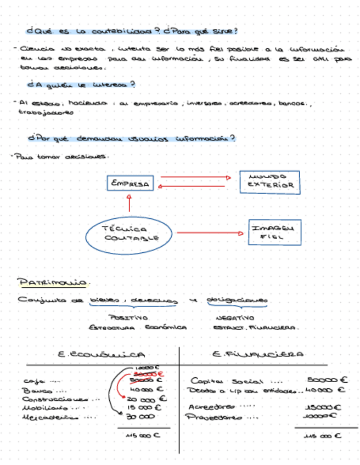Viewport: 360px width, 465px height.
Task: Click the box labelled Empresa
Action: (x=130, y=183)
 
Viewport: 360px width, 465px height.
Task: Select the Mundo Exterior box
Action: (x=269, y=182)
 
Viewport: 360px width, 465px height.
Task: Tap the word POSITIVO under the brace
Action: (x=128, y=317)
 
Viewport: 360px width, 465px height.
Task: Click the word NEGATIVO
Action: (x=234, y=317)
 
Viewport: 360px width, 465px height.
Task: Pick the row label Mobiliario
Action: (x=45, y=408)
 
